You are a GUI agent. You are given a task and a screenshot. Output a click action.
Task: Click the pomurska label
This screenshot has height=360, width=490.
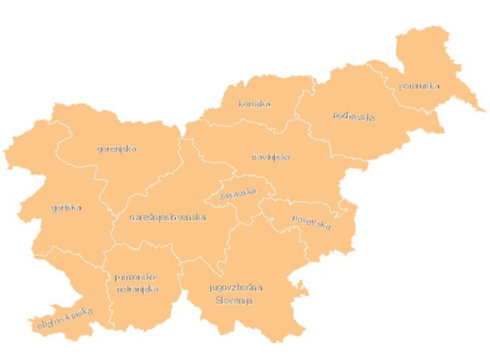tap(419, 86)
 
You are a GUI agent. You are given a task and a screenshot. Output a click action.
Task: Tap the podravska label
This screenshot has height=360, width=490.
tap(354, 116)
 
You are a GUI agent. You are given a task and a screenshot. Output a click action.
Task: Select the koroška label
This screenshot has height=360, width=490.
tap(254, 104)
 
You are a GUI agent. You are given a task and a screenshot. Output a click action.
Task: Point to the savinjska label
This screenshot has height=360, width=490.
tap(271, 157)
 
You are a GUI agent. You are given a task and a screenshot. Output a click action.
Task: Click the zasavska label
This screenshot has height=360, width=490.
tap(238, 193)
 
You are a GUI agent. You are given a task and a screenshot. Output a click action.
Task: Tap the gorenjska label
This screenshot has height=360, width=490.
tap(117, 149)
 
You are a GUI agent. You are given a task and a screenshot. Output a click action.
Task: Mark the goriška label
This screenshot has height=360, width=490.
tap(66, 207)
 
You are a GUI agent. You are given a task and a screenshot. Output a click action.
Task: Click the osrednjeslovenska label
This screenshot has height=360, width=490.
tap(168, 217)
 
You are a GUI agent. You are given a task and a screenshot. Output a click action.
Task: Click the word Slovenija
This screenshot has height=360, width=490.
tap(234, 301)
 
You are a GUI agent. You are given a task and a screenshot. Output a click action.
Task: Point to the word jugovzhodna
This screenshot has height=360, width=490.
tap(236, 287)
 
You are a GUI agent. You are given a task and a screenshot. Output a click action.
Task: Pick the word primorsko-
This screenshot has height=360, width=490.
tap(136, 277)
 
